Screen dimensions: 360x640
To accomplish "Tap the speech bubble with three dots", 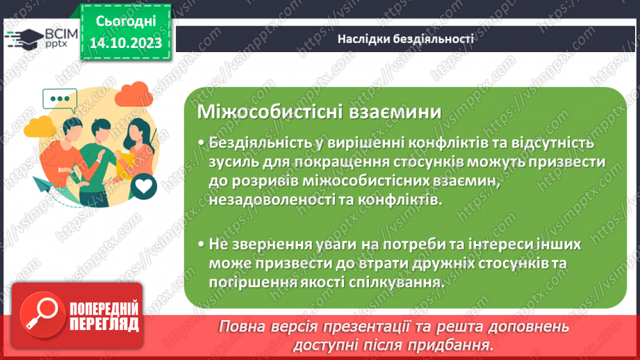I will [60, 99].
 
